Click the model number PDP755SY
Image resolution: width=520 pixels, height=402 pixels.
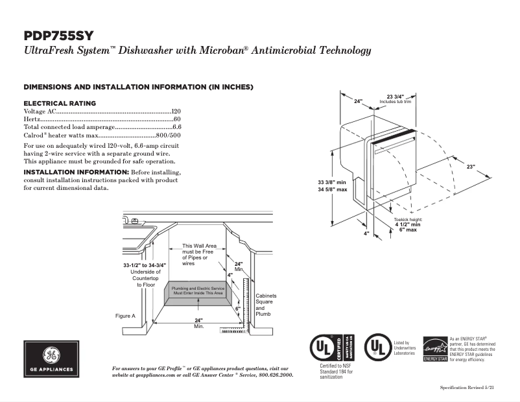pos(62,36)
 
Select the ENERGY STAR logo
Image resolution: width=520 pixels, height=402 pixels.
pos(435,349)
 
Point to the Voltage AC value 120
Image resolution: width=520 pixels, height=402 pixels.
pos(176,112)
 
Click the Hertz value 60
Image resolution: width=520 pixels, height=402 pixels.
pos(177,120)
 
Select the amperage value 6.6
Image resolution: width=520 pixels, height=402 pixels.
pos(176,128)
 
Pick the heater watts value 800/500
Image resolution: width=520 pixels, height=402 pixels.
pos(169,136)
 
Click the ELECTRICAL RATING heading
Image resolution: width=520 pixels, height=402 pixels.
pos(60,103)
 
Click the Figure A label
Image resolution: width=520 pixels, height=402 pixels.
pos(125,316)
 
